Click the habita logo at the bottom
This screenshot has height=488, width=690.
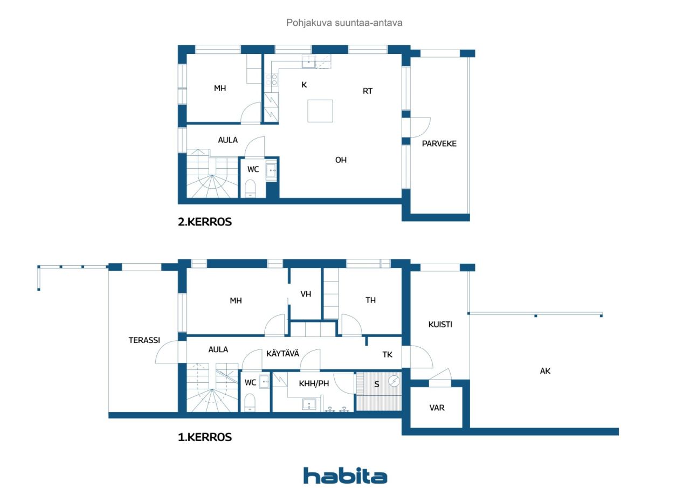coord(345,476)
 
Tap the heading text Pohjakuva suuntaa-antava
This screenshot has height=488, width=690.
coord(344,23)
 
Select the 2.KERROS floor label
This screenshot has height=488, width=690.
coord(205,222)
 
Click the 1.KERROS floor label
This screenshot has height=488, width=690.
coord(205,437)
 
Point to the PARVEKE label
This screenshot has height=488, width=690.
coord(439,143)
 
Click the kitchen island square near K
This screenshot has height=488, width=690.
coord(320,111)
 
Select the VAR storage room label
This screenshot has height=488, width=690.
coord(437,408)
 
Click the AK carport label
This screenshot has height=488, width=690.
coord(546,371)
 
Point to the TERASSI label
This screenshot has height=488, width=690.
coord(144,340)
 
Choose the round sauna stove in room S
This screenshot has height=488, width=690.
coord(395,381)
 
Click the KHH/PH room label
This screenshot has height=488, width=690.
coord(314,383)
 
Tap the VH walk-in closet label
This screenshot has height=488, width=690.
coord(306,294)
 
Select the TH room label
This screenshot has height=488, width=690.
coord(371,300)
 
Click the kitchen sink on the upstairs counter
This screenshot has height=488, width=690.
coord(308,61)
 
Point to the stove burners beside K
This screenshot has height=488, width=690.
coord(272,80)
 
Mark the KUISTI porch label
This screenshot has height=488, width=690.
coord(440,325)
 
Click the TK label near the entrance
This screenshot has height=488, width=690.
coord(388,354)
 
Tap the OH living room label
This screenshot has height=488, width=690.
coord(341,160)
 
